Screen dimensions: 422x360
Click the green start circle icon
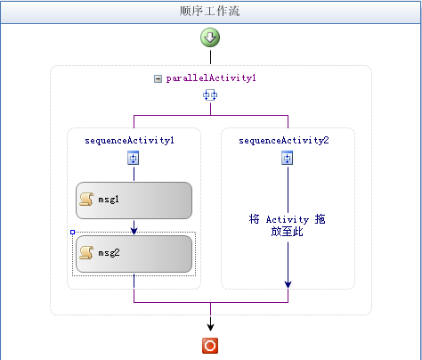(210, 37)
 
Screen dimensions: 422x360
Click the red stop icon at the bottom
(210, 346)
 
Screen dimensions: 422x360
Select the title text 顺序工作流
(209, 12)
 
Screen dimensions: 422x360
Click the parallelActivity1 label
(211, 78)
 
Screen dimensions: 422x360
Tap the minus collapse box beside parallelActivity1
(158, 78)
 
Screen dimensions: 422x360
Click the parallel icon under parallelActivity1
(210, 95)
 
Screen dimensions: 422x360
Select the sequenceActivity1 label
(129, 140)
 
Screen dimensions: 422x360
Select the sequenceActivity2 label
(284, 140)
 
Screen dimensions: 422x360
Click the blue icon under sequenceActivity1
(134, 158)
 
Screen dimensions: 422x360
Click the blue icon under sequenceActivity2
(287, 158)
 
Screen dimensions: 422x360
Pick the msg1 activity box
(134, 200)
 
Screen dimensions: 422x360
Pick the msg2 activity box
(134, 254)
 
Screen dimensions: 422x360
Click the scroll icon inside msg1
(86, 199)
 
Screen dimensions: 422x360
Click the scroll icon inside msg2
(86, 252)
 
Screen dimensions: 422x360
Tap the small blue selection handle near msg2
(73, 232)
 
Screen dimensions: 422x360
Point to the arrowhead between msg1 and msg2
(134, 231)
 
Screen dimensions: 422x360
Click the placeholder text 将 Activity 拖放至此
(287, 225)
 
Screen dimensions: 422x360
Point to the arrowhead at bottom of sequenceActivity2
(288, 284)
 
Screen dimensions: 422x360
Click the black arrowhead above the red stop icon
(210, 327)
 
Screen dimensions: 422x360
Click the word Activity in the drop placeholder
(288, 220)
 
